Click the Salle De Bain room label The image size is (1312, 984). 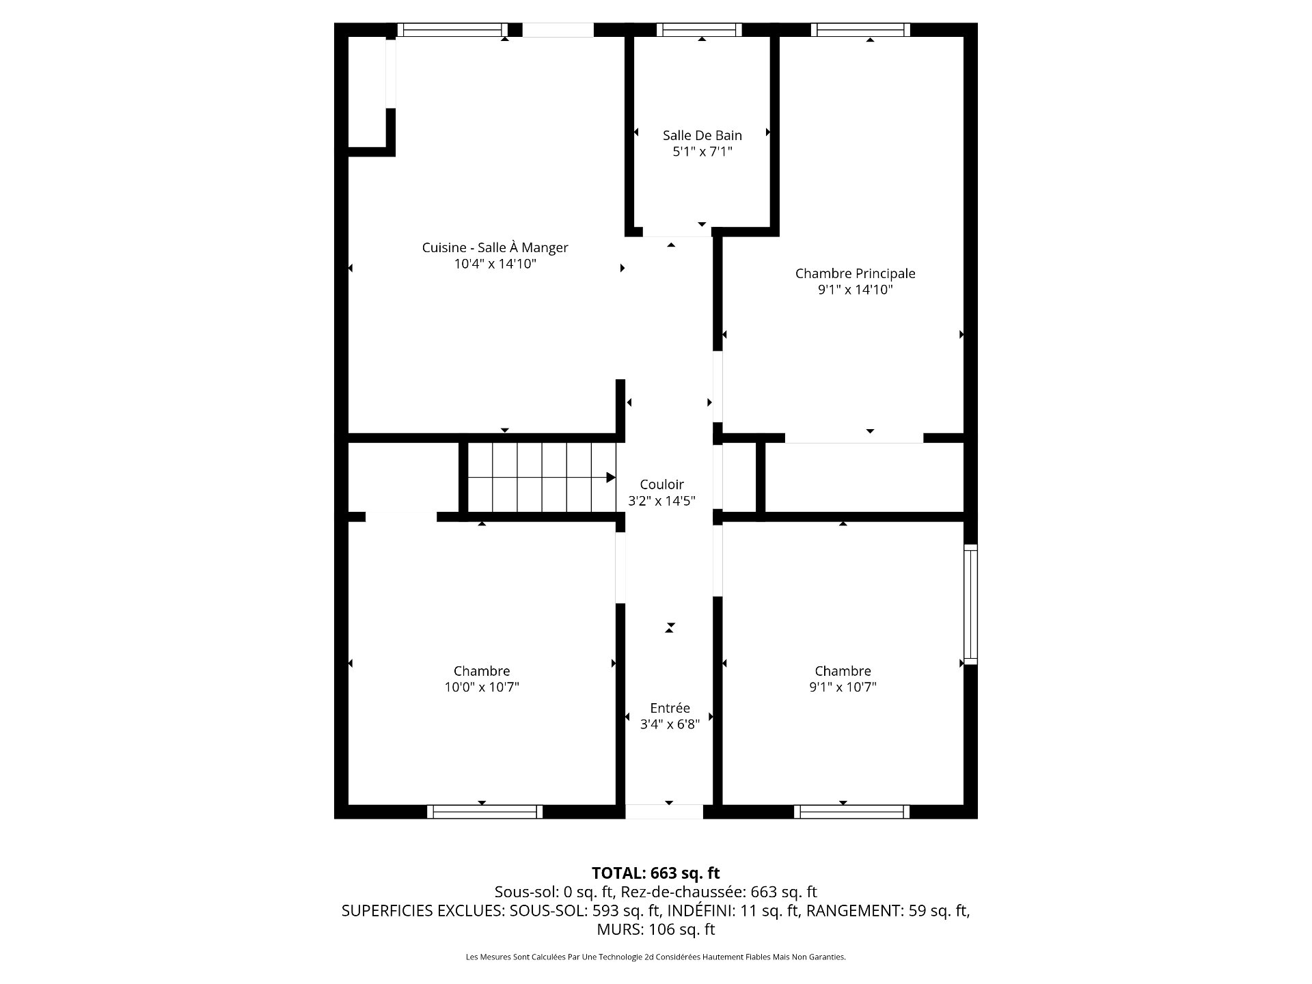tap(702, 135)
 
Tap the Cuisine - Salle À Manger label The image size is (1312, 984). tap(495, 247)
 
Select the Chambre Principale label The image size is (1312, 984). tap(855, 273)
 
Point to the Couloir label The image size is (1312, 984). tap(661, 484)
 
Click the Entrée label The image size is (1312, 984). tap(670, 708)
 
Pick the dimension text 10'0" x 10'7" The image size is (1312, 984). tap(482, 687)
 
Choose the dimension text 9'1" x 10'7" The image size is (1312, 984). tap(843, 687)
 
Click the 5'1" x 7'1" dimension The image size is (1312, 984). tap(702, 152)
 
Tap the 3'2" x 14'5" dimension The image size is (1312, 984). tap(661, 501)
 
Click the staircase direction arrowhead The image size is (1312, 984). tap(611, 478)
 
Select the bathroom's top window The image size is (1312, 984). tap(699, 29)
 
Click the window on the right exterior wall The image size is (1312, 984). tap(970, 604)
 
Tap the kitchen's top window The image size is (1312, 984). tap(452, 29)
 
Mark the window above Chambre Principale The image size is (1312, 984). tap(860, 29)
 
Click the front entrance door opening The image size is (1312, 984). tap(664, 812)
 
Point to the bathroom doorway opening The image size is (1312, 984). tap(677, 232)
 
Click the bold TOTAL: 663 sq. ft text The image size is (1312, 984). tap(655, 873)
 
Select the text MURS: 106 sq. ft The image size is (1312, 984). tap(655, 929)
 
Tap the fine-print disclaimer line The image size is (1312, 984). tap(655, 957)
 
